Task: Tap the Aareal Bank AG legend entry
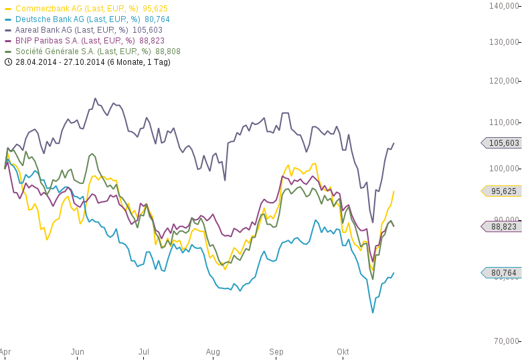(84, 30)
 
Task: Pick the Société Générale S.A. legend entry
(97, 52)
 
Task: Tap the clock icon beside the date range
(8, 62)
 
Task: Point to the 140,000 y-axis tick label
(504, 6)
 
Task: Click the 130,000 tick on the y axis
(504, 42)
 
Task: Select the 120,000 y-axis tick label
(504, 81)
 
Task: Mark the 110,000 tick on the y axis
(504, 122)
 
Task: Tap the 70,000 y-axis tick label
(506, 341)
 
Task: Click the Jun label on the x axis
(78, 352)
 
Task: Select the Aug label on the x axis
(213, 352)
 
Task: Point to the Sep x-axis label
(276, 352)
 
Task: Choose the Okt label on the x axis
(343, 352)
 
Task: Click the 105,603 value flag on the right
(502, 143)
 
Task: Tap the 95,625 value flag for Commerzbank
(502, 191)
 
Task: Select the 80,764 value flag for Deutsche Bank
(502, 273)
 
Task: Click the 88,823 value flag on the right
(502, 227)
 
